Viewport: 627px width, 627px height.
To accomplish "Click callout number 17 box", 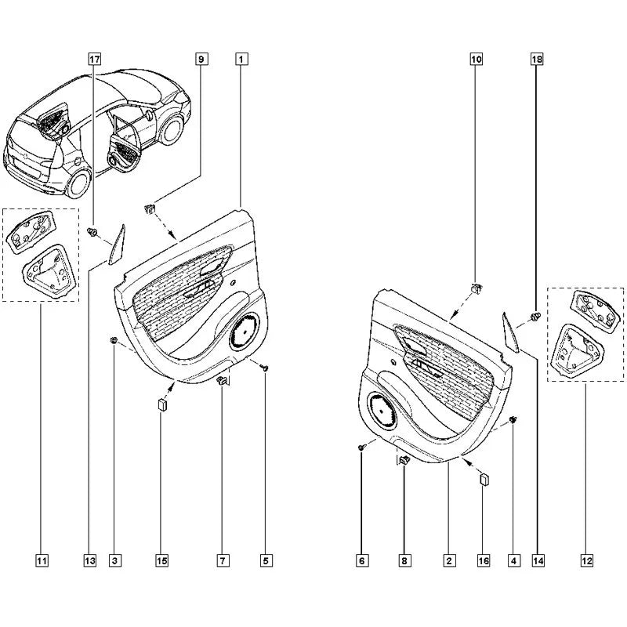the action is coord(94,60).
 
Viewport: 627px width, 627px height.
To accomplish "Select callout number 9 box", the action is coord(201,60).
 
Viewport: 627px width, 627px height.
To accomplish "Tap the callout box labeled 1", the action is coord(241,60).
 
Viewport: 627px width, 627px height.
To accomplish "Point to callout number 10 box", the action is coord(477,60).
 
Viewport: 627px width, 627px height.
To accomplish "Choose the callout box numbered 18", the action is coord(537,60).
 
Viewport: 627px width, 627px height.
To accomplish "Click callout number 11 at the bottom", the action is coord(42,560).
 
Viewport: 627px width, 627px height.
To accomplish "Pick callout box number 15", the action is coord(161,560).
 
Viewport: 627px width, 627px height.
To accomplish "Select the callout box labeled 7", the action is coord(223,560).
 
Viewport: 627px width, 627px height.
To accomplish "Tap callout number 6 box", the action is coord(361,560).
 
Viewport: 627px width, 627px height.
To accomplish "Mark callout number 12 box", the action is coord(586,560).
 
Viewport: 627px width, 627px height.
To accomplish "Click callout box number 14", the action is coord(538,560).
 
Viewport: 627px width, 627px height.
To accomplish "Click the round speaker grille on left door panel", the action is coord(244,330).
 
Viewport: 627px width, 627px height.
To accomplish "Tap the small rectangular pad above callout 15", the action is coord(162,404).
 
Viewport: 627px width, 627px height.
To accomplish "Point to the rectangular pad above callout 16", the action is coord(484,479).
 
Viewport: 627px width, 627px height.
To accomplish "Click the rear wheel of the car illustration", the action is coord(79,183).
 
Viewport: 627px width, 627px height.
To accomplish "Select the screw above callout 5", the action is coord(264,367).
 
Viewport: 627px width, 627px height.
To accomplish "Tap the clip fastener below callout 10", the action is coord(476,287).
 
